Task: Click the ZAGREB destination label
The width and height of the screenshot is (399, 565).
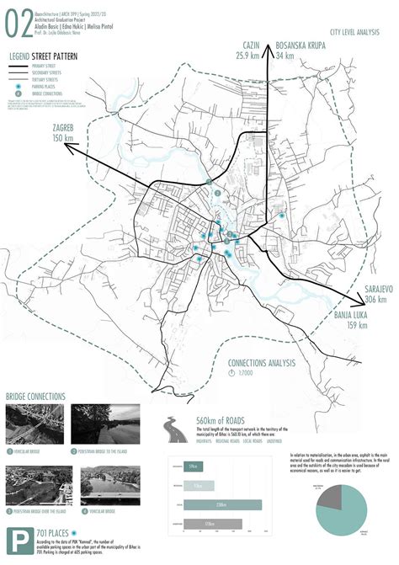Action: pos(55,126)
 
